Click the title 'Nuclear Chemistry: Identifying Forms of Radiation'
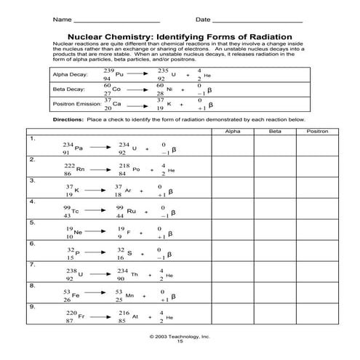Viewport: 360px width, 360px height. click(x=180, y=36)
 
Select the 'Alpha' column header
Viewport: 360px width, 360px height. click(x=233, y=131)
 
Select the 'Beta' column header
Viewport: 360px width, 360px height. click(x=274, y=131)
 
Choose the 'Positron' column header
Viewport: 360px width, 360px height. click(x=316, y=131)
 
